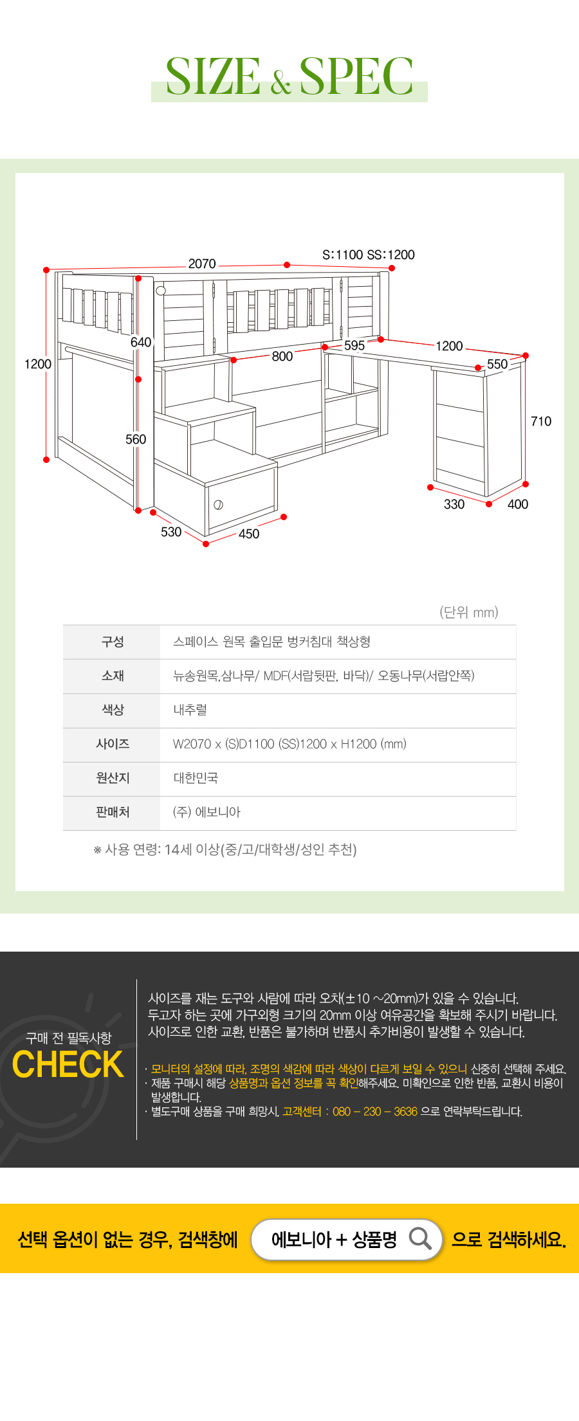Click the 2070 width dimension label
pos(202,264)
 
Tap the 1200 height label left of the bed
pos(38,364)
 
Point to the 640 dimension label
pos(141,342)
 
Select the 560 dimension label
pos(136,439)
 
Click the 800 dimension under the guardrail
pos(282,356)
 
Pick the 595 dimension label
pos(354,345)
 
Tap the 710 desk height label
pos(541,421)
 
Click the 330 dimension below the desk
pos(454,504)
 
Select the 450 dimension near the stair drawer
pos(249,534)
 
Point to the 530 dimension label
pos(171,532)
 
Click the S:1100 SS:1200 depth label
pos(369,255)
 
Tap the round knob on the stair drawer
pos(218,505)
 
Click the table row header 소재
pos(113,676)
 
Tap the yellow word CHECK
pos(68,1064)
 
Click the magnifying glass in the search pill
pos(420,1238)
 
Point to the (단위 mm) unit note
pos(469,612)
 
